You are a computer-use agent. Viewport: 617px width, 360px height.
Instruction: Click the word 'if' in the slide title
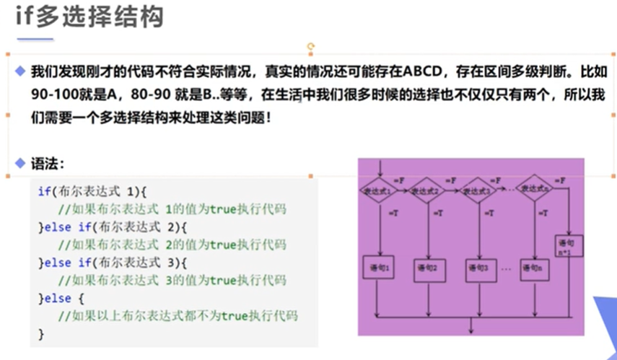25,17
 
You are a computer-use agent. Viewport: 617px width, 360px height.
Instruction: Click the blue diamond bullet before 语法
19,163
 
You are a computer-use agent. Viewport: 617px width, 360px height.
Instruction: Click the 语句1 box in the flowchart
380,268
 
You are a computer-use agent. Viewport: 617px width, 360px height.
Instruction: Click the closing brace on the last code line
41,333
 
